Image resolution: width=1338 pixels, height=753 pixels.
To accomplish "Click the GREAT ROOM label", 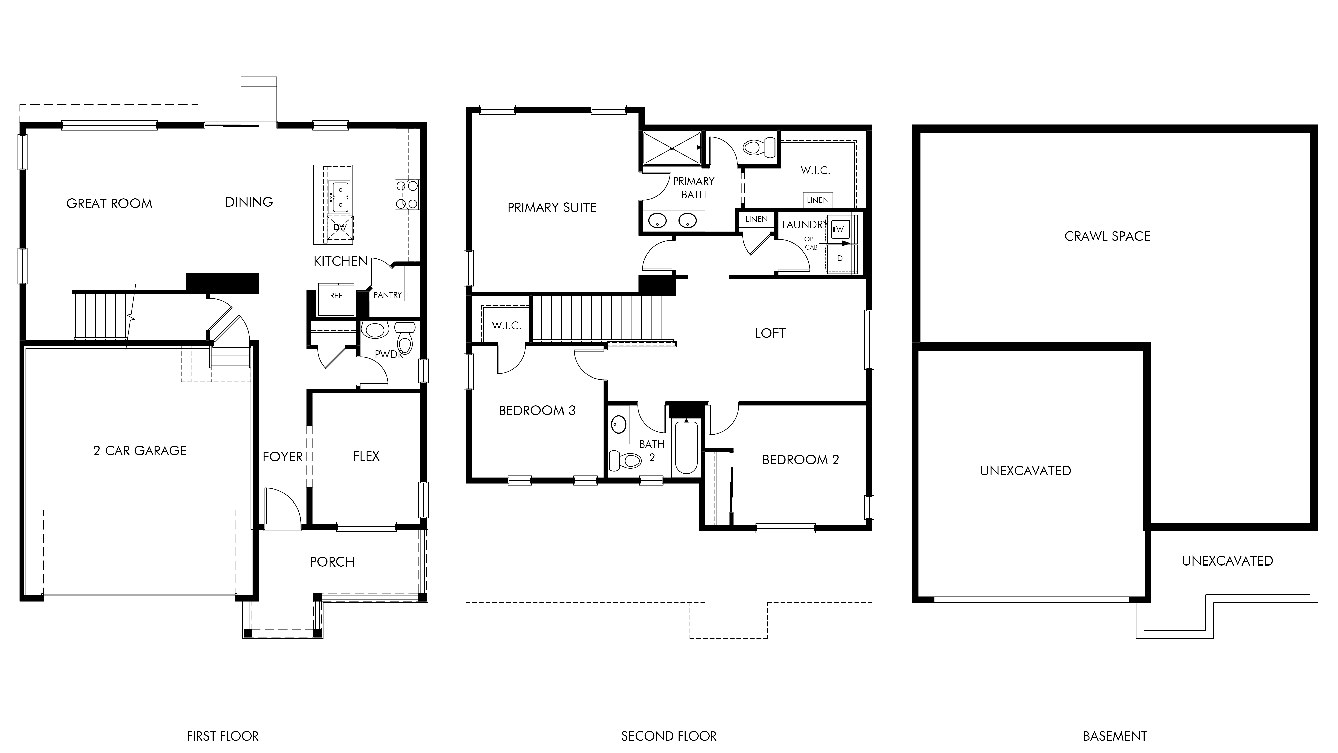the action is coord(109,203).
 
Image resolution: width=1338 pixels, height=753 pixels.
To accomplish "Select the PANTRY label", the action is coord(387,295).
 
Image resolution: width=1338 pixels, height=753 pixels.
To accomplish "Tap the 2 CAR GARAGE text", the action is coord(140,451).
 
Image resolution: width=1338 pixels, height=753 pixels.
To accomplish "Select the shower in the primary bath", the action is coord(672,148).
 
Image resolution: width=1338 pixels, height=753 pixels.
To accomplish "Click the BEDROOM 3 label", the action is coord(537,411).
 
